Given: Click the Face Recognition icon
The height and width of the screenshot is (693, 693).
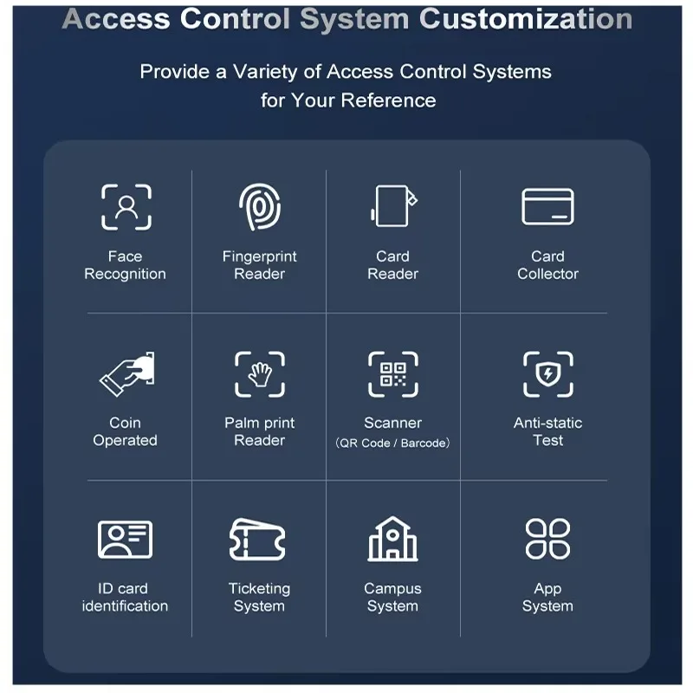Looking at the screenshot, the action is coord(126,208).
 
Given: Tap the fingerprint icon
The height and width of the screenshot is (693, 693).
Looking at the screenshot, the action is coord(260,207).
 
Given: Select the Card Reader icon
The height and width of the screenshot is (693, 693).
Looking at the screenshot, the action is coord(393,206).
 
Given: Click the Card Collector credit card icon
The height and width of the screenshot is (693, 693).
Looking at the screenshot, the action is coord(547,207).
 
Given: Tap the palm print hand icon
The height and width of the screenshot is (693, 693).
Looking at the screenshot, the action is coord(260,374).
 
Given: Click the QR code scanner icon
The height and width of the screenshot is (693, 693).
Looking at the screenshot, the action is coord(393,374).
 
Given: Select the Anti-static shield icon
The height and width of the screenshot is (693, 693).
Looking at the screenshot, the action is coord(548,374).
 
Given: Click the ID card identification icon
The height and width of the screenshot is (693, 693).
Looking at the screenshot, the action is coord(125,540).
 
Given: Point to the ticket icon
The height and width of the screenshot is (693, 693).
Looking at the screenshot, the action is coord(257,539).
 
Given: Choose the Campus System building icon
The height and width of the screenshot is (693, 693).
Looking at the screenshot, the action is coord(392,539).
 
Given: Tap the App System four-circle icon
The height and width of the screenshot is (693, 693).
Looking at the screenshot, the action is coord(547,539).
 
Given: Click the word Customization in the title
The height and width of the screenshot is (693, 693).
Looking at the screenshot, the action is coord(526,19).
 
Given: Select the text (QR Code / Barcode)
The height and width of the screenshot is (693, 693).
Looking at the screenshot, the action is coord(392,443).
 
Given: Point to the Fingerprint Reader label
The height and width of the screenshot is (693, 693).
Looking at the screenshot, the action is coord(259,265).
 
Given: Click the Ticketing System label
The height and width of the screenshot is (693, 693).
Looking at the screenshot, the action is coord(259,597).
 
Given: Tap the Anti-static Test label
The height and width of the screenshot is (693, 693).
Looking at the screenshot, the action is coord(547,431).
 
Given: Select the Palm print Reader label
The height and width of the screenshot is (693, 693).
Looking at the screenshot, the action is coord(259,431).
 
